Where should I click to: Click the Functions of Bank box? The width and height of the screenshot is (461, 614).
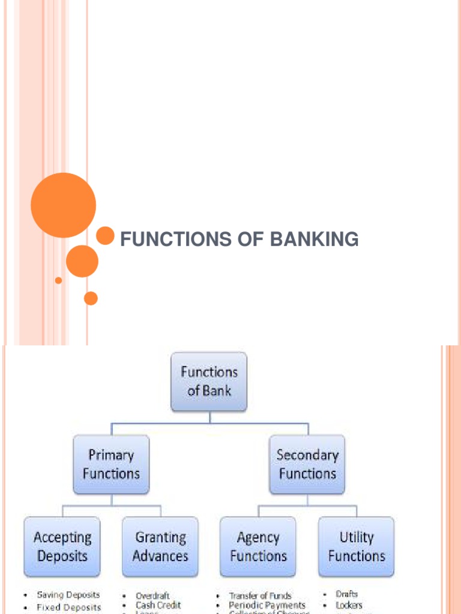(209, 381)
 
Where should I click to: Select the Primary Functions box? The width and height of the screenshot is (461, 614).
(111, 464)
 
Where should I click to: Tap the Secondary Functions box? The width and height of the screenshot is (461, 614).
(307, 464)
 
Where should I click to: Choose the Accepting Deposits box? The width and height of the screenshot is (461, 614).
(62, 546)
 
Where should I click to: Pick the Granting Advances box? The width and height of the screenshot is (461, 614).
(160, 546)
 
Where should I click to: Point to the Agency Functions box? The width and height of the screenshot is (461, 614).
(258, 546)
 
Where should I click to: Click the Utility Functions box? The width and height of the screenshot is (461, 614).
(357, 546)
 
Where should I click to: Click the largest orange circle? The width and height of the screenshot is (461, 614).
(63, 205)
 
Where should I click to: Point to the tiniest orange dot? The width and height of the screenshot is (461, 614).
(58, 280)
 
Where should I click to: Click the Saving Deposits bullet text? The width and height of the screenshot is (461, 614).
(67, 595)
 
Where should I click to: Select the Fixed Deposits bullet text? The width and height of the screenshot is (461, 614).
(69, 607)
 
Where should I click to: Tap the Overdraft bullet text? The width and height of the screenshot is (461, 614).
(152, 596)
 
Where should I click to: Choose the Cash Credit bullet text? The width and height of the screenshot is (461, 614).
(158, 606)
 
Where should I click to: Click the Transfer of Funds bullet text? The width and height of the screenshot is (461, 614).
(260, 596)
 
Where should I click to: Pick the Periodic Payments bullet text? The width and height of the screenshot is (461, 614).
(267, 606)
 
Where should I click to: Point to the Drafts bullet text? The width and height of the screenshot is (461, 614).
(347, 594)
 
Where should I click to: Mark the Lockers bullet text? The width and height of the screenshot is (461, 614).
(349, 605)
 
